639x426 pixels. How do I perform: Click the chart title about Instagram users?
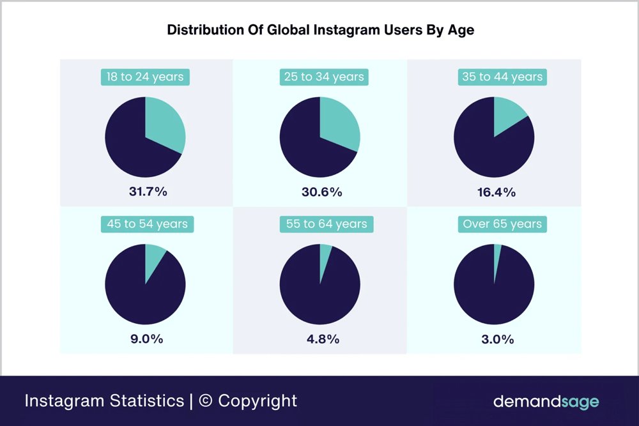click(x=320, y=30)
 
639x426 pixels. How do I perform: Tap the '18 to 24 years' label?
click(x=145, y=77)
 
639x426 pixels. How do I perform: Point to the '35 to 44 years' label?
click(x=502, y=77)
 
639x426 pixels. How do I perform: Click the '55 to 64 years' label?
click(x=326, y=224)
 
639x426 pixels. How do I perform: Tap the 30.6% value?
click(x=322, y=192)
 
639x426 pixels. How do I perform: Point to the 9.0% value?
click(x=147, y=339)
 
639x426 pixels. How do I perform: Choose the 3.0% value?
click(x=497, y=339)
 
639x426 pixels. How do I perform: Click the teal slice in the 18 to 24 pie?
click(x=165, y=125)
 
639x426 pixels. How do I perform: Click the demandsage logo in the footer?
click(x=546, y=402)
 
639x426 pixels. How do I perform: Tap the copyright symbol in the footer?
click(x=205, y=401)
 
